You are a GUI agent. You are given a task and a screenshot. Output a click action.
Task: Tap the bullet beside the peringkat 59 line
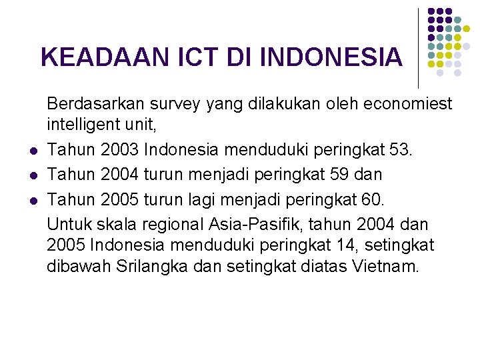click(31, 175)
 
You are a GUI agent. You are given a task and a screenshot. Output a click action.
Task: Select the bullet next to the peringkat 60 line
click(31, 200)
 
